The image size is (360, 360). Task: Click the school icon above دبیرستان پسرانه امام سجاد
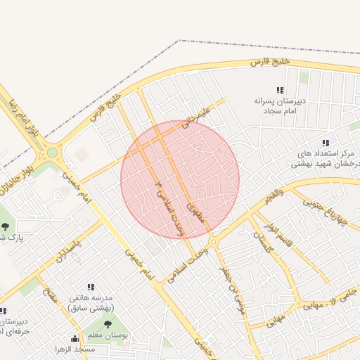coord(280,91)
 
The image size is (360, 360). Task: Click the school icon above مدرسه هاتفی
coord(90,287)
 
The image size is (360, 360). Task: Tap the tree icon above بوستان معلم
coord(108,324)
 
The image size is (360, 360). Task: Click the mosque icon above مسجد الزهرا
coord(75,338)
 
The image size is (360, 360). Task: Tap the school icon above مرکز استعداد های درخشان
coord(326,143)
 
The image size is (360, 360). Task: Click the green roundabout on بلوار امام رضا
coord(52,152)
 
